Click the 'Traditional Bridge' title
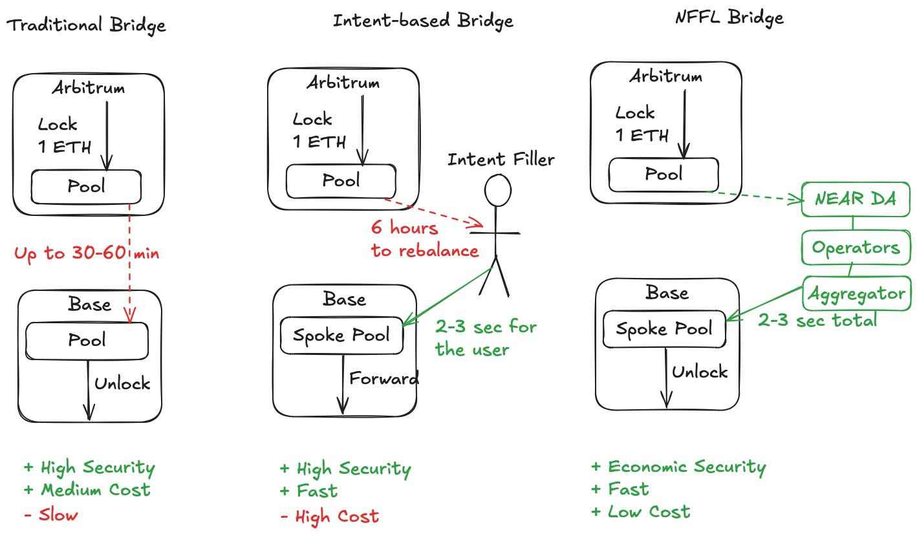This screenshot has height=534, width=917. pos(86,25)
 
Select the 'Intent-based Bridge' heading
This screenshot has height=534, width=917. pos(423,21)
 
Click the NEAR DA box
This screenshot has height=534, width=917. pos(856,200)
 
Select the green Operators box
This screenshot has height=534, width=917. pos(856,247)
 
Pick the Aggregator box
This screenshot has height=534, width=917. pos(857,294)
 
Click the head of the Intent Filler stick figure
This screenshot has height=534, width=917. pos(498,189)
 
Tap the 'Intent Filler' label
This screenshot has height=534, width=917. pos(501,158)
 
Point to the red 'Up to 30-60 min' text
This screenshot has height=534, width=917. pos(87,253)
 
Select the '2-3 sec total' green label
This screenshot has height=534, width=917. pos(817,319)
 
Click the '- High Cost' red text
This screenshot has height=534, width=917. pos(330,516)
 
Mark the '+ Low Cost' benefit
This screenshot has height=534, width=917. pos(641,512)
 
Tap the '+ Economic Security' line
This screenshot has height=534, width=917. pos(678,467)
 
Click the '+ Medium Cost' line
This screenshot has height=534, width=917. pos(87,490)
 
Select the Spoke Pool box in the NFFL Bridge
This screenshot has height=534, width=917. pos(663,328)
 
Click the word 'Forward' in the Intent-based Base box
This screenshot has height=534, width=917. pos(384,378)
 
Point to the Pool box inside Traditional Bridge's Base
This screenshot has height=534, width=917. pos(87,339)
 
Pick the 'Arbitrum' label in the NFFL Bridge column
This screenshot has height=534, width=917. pos(665,76)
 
